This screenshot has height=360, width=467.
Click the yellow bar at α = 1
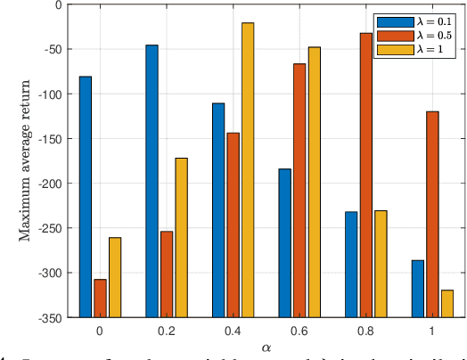pos(447,303)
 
